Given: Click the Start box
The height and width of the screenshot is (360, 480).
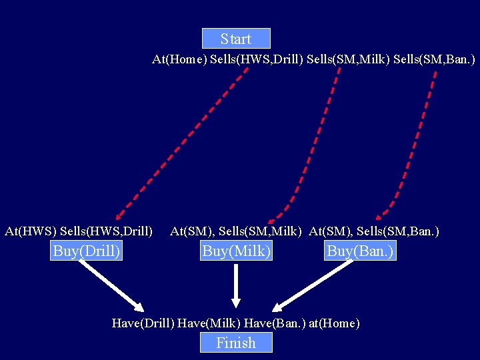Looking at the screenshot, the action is (236, 39).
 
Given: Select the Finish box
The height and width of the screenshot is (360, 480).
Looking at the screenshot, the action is (236, 343).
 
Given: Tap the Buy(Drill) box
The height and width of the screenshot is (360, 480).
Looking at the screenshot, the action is (87, 251).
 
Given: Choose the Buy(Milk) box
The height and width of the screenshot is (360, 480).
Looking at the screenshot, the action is (236, 251).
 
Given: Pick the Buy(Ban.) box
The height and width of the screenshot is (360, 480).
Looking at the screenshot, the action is (361, 251).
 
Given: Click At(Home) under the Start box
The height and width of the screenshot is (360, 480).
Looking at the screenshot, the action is (179, 59).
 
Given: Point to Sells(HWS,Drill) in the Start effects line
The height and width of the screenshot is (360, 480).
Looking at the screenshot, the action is (257, 59).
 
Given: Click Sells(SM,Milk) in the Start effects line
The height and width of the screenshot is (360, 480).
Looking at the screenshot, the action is (347, 59).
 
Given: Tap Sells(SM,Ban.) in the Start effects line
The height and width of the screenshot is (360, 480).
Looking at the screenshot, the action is (434, 59).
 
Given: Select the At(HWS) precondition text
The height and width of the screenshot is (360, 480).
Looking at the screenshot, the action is (30, 231).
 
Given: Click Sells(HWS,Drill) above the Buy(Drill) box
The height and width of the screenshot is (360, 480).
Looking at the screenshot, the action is (106, 231).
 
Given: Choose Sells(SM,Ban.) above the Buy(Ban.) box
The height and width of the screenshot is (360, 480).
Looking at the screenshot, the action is (398, 231).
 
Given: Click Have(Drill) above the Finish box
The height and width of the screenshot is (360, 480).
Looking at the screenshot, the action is (143, 323).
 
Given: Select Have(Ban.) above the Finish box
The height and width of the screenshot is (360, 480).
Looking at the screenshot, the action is (275, 323).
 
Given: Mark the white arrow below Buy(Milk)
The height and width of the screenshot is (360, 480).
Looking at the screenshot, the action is (236, 285).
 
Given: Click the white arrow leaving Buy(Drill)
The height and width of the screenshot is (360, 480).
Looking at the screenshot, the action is (111, 285).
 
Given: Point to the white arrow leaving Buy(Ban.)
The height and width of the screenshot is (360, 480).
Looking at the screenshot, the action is (313, 285).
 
